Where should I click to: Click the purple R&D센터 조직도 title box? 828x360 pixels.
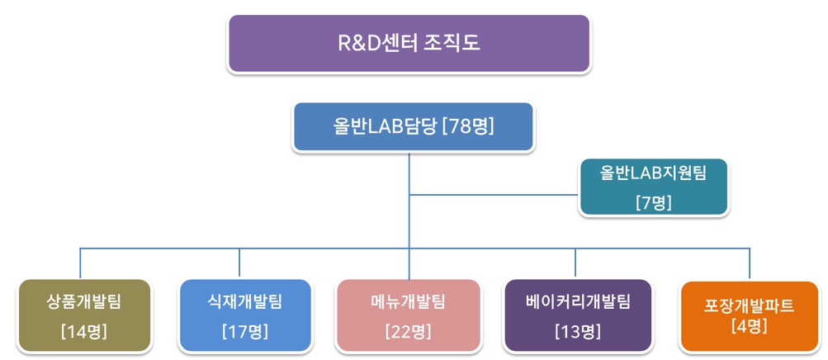(409, 43)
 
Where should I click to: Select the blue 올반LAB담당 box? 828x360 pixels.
(413, 126)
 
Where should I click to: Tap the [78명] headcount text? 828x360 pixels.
(468, 126)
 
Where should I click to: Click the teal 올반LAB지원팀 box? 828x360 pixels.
(654, 187)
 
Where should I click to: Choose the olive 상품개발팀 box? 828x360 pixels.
(84, 316)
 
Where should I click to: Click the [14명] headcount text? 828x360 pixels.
(84, 332)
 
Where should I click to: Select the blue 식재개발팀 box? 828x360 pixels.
(244, 316)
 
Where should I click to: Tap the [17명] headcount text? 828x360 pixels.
(244, 332)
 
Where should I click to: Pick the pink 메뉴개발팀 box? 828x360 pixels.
(409, 316)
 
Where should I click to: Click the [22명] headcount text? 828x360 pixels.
(409, 332)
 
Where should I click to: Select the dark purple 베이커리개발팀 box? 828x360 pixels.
(577, 316)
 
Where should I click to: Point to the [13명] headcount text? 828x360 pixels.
(577, 332)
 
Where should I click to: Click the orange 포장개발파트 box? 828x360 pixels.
(749, 316)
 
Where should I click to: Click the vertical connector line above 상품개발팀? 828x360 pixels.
(80, 263)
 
